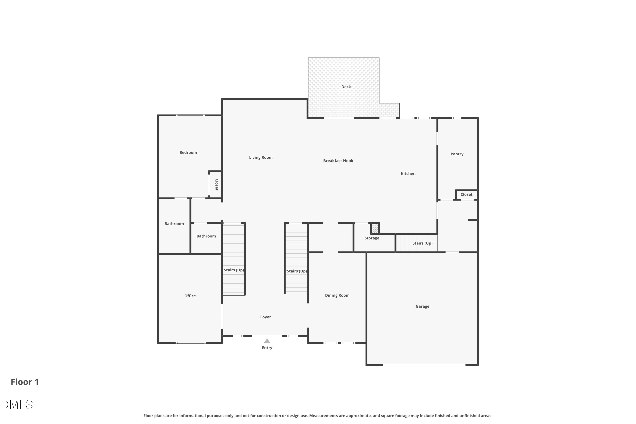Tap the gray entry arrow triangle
point(267,341)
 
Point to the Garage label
point(422,306)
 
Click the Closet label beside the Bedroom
point(217,185)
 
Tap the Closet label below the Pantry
point(466,195)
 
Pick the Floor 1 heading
point(25,382)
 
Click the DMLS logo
point(17,404)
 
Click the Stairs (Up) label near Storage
point(422,243)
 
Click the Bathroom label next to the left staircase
point(206,236)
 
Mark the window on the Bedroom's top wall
point(190,116)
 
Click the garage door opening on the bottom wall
point(424,365)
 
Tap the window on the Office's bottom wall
point(191,343)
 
